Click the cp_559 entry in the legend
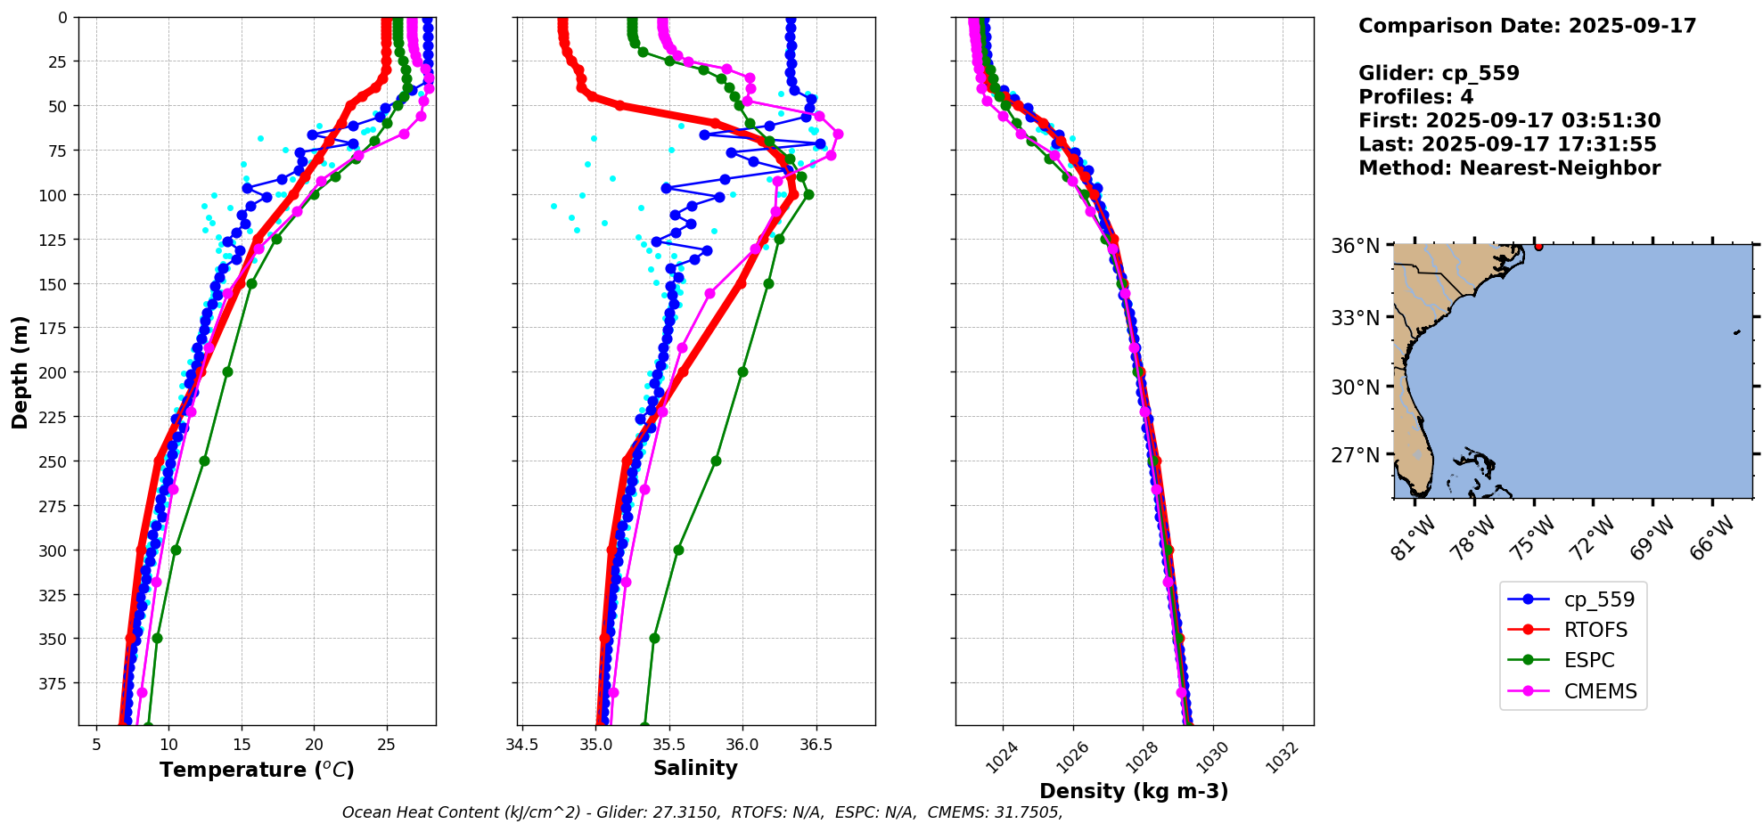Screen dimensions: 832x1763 1599,600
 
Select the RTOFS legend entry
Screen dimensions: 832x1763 1595,630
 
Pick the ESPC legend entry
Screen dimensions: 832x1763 1589,660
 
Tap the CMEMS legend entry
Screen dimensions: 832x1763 1600,691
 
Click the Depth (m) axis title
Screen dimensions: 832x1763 20,371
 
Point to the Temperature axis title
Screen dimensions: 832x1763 257,770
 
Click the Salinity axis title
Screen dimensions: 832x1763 695,768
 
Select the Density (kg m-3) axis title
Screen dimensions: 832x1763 1134,791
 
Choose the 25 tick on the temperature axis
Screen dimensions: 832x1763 386,745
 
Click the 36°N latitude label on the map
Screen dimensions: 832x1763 1355,246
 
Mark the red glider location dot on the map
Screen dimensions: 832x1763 1538,246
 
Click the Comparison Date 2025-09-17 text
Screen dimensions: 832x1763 1527,26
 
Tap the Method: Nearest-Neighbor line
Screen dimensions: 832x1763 1509,168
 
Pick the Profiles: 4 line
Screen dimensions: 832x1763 1415,97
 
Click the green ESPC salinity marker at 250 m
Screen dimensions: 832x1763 716,461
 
